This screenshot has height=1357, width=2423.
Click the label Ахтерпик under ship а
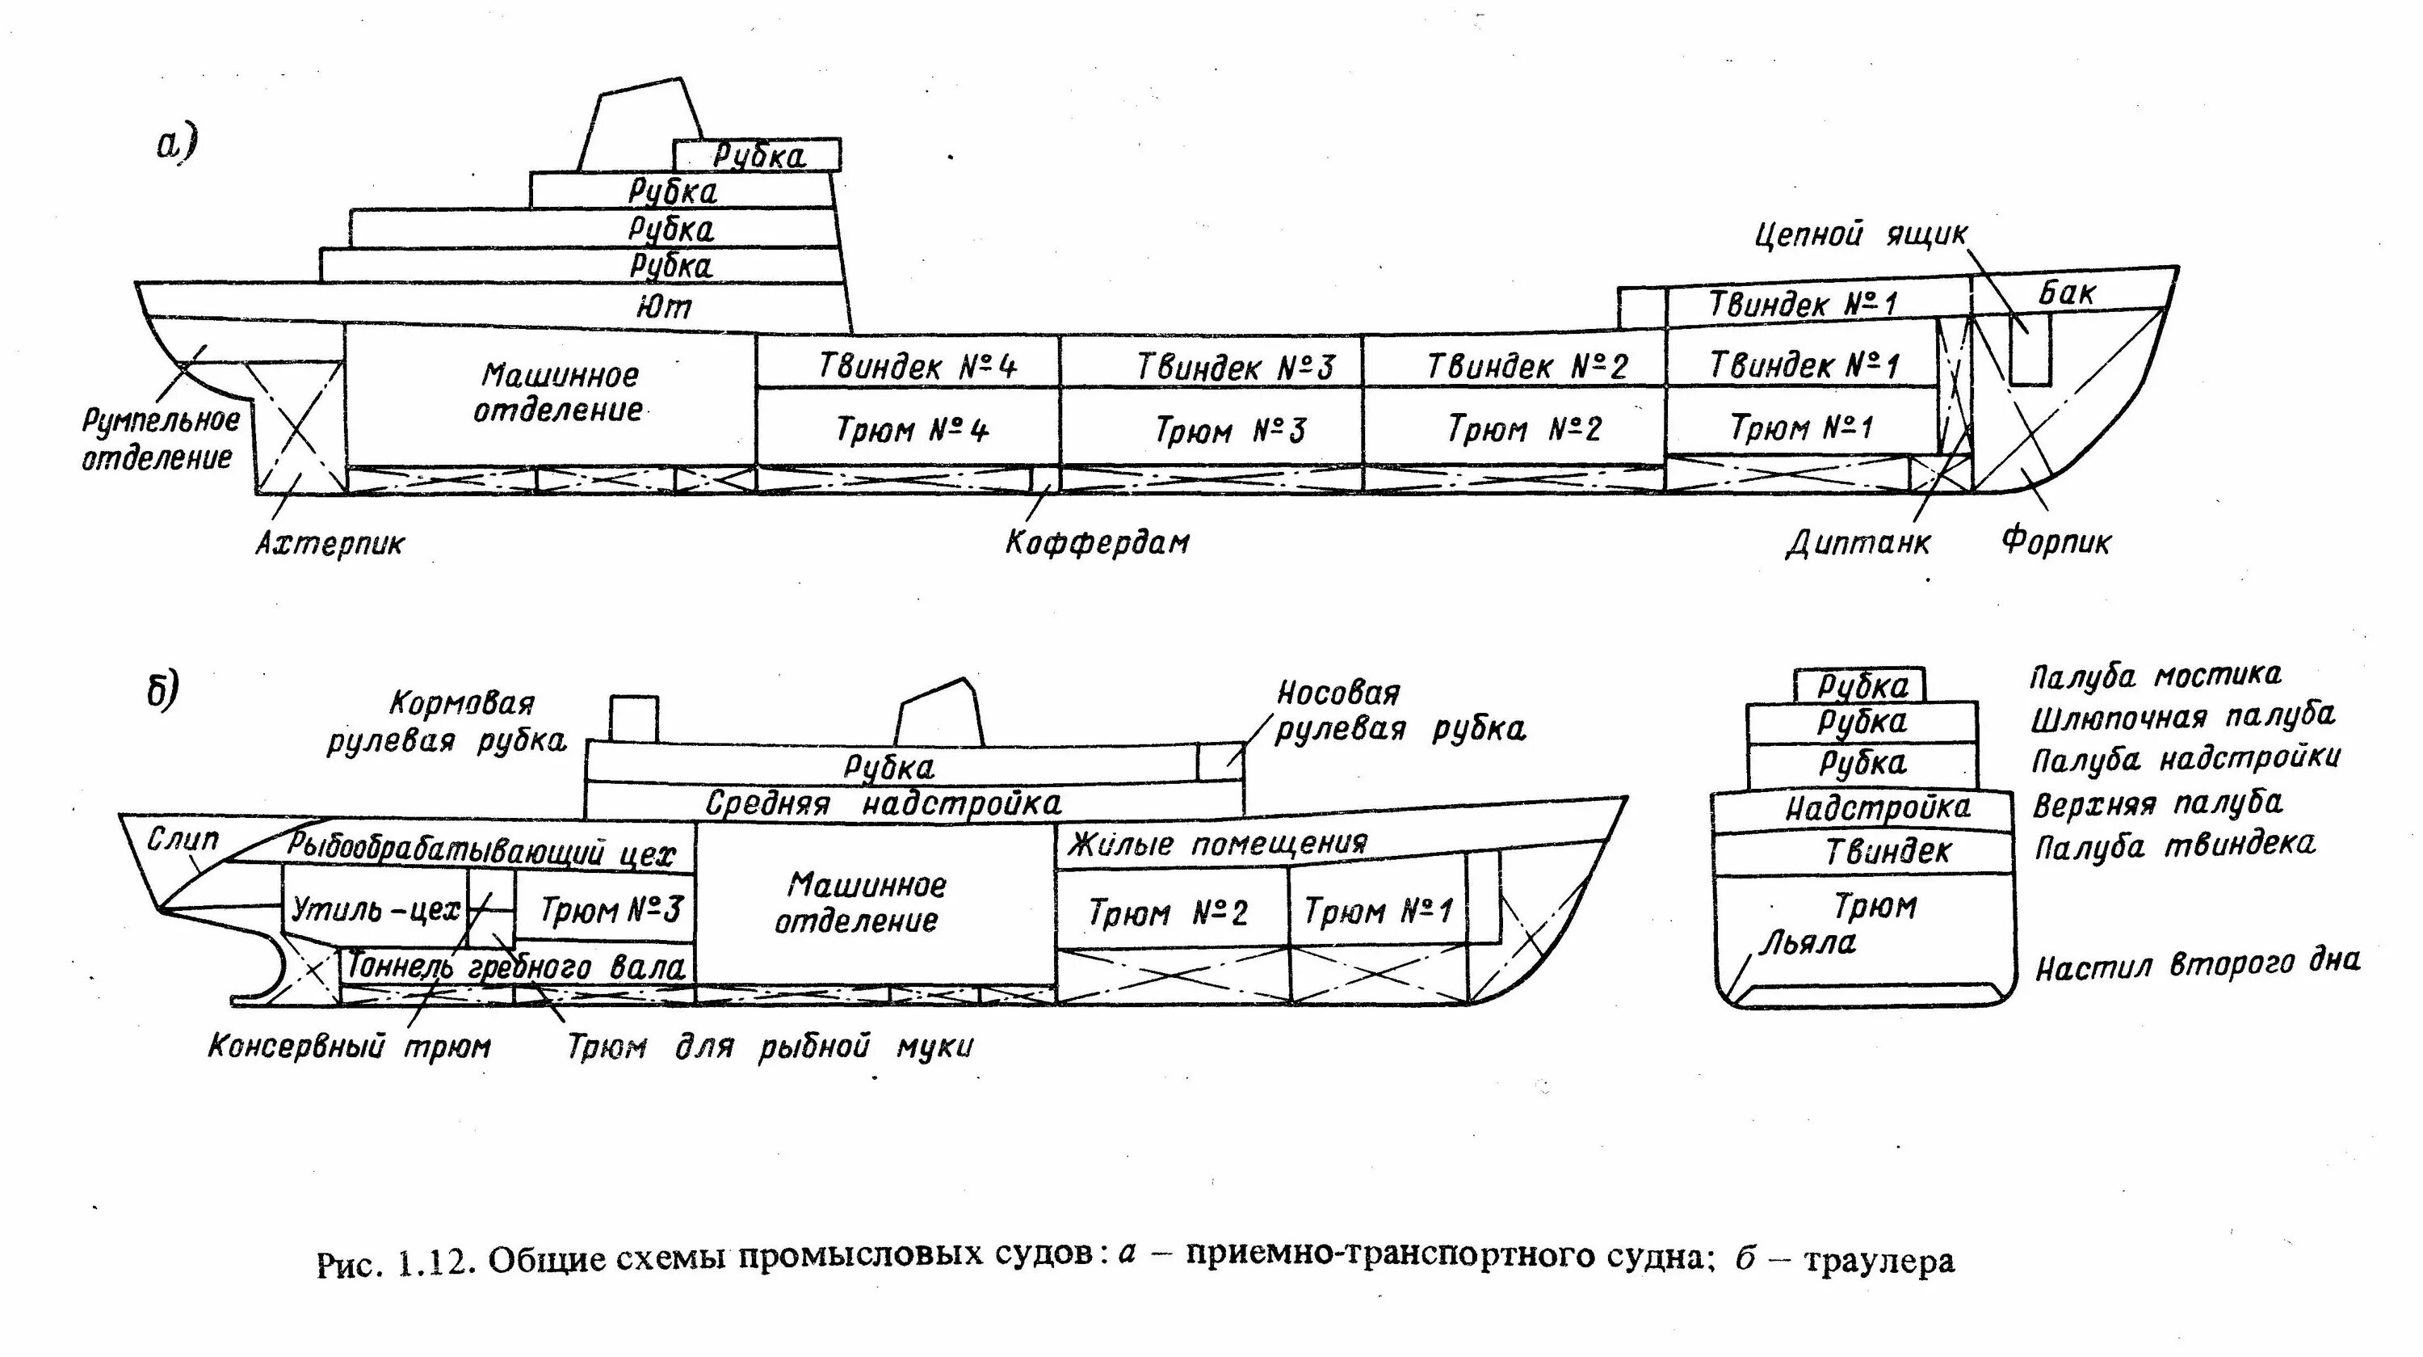point(330,544)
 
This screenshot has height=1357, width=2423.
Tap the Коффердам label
point(1097,543)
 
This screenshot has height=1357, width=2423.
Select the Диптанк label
point(1858,543)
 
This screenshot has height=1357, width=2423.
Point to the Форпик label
point(2056,542)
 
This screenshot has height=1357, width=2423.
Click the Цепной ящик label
point(1861,234)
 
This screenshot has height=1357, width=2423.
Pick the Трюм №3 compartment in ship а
point(1230,431)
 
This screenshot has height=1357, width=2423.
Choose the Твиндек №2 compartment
point(1526,366)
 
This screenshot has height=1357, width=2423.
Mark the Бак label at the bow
point(2068,293)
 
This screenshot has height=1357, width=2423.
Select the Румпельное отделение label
point(160,439)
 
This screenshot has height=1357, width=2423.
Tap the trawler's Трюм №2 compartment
point(1167,912)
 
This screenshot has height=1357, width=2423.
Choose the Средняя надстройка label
point(884,803)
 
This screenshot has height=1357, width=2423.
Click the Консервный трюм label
point(349,1047)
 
